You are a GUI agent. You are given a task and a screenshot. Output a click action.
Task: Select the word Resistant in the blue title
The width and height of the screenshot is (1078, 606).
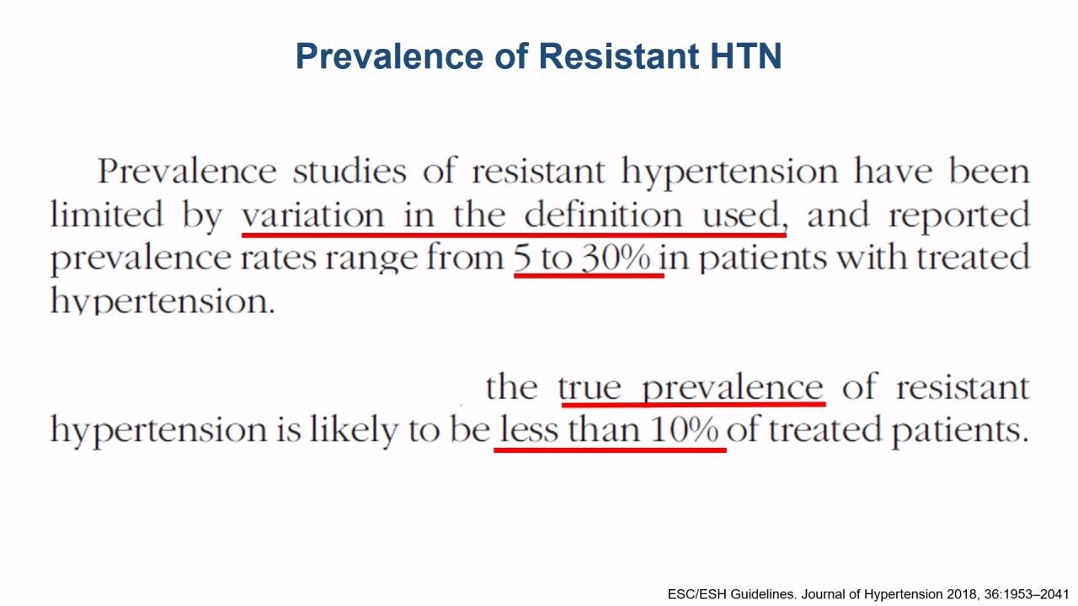(618, 56)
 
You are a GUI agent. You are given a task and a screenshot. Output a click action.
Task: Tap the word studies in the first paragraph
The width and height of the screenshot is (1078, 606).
(350, 171)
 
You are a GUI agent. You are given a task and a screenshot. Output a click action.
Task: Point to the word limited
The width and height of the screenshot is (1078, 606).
(106, 214)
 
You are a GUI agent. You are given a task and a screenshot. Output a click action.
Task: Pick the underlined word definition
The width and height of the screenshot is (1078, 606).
(603, 214)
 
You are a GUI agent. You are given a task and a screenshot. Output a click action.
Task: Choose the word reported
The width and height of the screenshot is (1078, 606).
(959, 217)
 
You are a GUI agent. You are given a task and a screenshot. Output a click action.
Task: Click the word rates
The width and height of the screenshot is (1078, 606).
(278, 258)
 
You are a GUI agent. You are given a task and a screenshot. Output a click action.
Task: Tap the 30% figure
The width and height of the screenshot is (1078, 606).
(616, 258)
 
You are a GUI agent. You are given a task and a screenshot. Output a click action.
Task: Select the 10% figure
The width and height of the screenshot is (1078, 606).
(684, 429)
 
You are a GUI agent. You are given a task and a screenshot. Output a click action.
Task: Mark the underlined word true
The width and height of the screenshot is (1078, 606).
(590, 388)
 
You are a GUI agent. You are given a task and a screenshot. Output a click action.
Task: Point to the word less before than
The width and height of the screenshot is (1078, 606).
(529, 429)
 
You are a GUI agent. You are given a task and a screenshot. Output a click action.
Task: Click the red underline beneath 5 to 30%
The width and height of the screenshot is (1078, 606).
(589, 275)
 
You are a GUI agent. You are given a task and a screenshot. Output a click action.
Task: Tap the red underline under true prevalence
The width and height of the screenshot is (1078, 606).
(693, 405)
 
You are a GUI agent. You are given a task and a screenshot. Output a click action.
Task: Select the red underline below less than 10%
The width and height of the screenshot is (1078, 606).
(610, 450)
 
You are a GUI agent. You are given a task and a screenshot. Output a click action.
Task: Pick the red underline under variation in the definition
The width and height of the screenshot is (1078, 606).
(514, 235)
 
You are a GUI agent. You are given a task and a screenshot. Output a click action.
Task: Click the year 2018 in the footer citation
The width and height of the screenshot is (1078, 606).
(963, 594)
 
